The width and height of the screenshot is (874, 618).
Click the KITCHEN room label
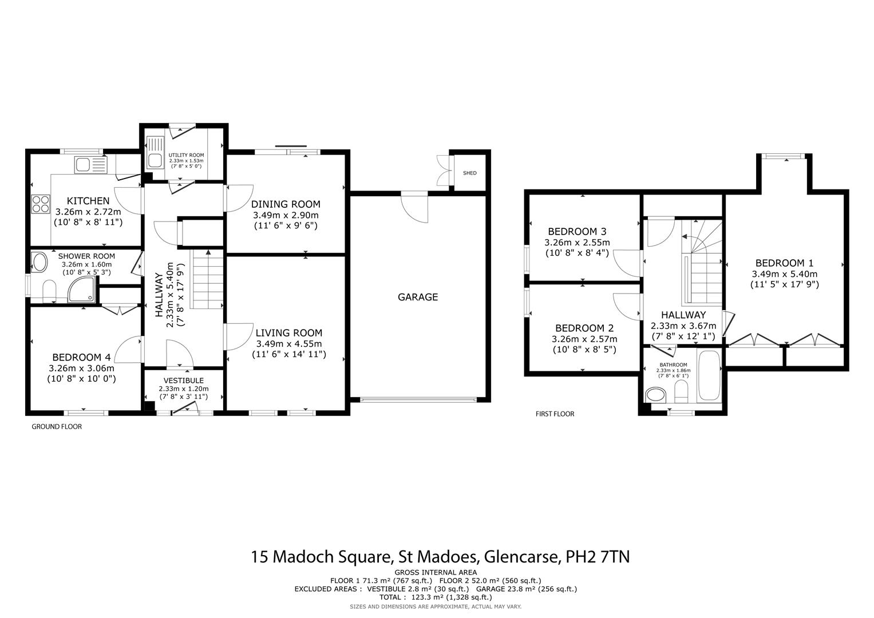pyautogui.click(x=88, y=201)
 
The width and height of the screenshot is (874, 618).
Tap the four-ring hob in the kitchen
pyautogui.click(x=41, y=204)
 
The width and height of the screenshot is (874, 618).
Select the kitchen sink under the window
pyautogui.click(x=90, y=165)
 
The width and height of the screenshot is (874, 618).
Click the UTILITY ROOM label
pyautogui.click(x=186, y=155)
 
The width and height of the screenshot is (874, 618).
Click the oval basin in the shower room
pyautogui.click(x=40, y=263)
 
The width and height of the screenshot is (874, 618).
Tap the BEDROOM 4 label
pyautogui.click(x=82, y=358)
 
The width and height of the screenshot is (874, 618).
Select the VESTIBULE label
pyautogui.click(x=183, y=381)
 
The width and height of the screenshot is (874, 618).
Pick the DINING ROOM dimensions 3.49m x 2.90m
pyautogui.click(x=286, y=215)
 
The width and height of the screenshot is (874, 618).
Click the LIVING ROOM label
pyautogui.click(x=288, y=332)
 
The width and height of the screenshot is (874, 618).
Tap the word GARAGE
pyautogui.click(x=418, y=297)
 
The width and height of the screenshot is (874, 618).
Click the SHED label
pyautogui.click(x=469, y=173)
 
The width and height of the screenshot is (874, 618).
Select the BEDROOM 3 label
pyautogui.click(x=577, y=232)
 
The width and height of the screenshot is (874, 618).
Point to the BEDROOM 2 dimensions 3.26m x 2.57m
pyautogui.click(x=584, y=339)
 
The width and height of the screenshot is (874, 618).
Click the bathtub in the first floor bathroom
pyautogui.click(x=709, y=377)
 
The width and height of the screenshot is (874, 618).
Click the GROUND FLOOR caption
pyautogui.click(x=57, y=426)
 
